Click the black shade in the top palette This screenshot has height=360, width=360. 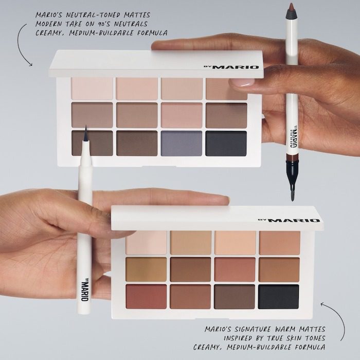point(226,143)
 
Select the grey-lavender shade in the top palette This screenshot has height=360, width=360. point(182,143)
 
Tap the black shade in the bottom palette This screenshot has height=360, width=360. point(278,297)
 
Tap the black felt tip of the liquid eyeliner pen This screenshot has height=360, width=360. point(85,134)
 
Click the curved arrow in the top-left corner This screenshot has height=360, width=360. point(23,44)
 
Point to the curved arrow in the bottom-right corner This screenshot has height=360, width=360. point(332,314)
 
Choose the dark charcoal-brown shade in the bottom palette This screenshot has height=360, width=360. point(234,297)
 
